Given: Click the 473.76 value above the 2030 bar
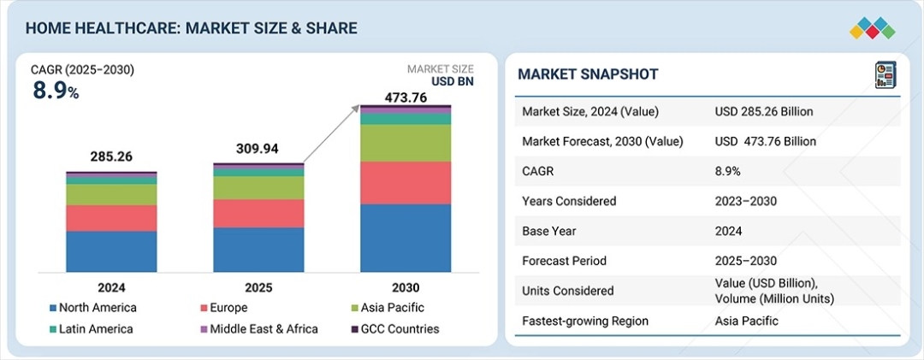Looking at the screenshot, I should coord(405,97).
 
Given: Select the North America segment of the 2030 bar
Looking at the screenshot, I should coord(406,238).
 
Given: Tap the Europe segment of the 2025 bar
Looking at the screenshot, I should coord(258,213).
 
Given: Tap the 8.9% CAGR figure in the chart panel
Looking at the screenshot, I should coord(56,91).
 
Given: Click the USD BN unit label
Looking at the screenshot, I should coord(452,82).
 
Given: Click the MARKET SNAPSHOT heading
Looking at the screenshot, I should coord(588,74).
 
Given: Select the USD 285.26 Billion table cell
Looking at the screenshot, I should coord(764,111).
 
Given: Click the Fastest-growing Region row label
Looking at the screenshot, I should coord(584,321).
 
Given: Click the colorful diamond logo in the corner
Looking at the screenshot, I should coord(872,27).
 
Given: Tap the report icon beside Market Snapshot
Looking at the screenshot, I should coord(884,74).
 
